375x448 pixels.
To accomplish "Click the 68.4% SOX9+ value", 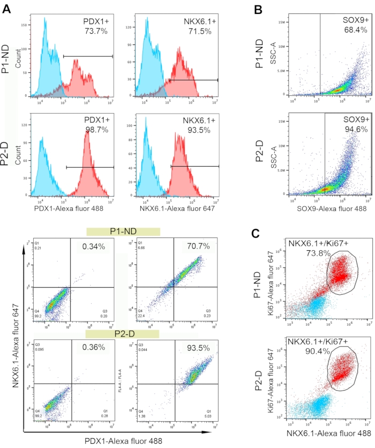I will (x=355, y=30).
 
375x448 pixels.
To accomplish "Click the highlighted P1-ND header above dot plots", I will (x=123, y=230).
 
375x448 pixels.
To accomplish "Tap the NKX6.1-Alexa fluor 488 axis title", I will (x=328, y=432).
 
